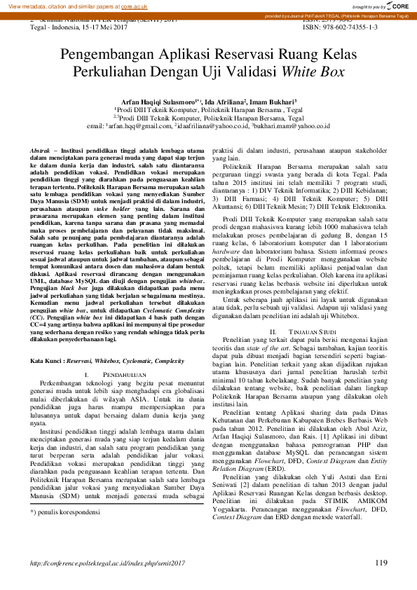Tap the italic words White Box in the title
pyautogui.click(x=313, y=71)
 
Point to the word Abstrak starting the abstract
pyautogui.click(x=40, y=151)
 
